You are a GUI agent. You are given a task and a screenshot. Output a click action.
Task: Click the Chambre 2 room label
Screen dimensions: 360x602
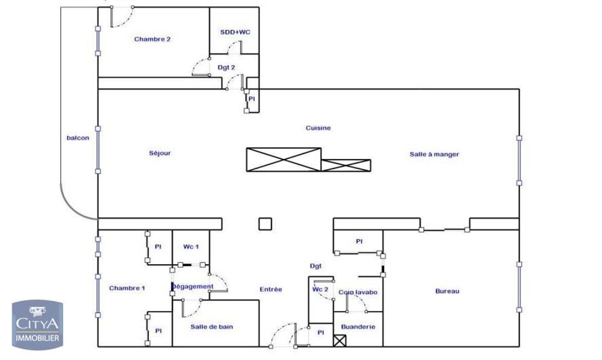click(x=152, y=39)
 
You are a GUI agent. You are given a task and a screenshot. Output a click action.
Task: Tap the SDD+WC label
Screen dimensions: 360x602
click(x=234, y=32)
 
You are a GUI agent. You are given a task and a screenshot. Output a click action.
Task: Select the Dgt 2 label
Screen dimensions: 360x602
click(x=226, y=67)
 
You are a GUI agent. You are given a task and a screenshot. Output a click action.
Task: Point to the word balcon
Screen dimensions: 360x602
click(x=78, y=138)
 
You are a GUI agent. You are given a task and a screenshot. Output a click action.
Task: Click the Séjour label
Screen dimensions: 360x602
click(x=160, y=153)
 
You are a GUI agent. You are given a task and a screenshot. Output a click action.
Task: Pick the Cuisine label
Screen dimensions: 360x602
click(x=318, y=128)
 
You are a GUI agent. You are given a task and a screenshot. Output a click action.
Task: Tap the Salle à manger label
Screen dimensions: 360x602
click(x=434, y=154)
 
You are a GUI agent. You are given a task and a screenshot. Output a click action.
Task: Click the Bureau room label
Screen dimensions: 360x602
click(x=447, y=291)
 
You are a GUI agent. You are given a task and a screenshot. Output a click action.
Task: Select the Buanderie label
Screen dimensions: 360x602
click(x=358, y=327)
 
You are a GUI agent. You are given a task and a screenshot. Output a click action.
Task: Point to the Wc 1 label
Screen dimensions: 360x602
click(x=191, y=247)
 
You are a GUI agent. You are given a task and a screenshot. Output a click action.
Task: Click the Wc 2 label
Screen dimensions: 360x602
click(x=320, y=289)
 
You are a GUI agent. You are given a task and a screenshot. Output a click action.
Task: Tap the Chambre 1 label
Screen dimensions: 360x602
click(x=127, y=288)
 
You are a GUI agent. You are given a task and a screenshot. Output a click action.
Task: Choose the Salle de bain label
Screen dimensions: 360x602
click(x=212, y=327)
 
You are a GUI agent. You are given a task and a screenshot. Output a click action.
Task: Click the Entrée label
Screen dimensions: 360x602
click(x=271, y=289)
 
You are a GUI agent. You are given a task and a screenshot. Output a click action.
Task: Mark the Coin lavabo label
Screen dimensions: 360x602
click(x=358, y=293)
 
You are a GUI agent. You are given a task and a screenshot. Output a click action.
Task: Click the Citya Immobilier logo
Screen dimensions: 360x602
click(x=37, y=323)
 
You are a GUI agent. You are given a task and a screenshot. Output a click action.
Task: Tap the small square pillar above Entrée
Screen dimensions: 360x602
click(x=265, y=223)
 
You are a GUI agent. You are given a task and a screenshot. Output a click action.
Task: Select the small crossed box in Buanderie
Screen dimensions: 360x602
click(x=340, y=341)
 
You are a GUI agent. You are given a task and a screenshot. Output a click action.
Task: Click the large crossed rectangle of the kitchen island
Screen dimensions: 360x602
click(x=284, y=160)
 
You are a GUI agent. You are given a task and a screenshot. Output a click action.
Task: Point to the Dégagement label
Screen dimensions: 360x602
click(x=193, y=286)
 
